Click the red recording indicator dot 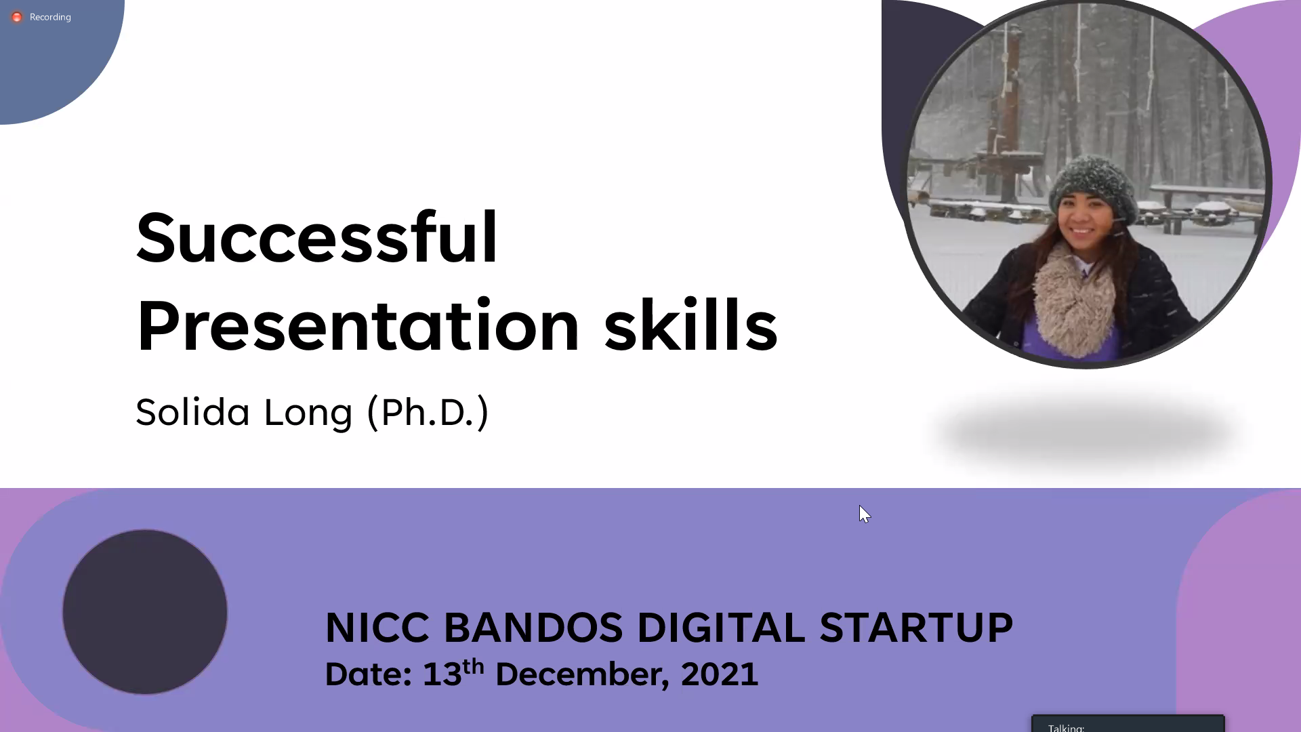(17, 17)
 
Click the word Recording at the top (50, 17)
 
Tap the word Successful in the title (317, 237)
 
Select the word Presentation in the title (358, 326)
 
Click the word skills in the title (691, 326)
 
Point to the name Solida (193, 411)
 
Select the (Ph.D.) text (428, 412)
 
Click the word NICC (377, 627)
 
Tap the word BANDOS (533, 627)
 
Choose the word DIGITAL (721, 627)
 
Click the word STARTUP (916, 627)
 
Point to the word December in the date (583, 674)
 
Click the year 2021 (720, 674)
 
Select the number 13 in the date (442, 674)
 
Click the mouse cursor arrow (864, 514)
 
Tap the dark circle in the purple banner (145, 612)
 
